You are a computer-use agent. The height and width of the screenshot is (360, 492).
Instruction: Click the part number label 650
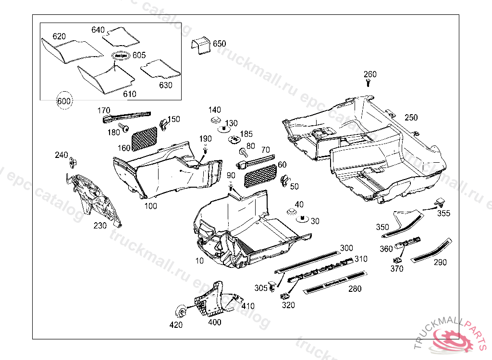click(219, 44)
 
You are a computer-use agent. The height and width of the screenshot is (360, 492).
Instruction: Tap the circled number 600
click(64, 101)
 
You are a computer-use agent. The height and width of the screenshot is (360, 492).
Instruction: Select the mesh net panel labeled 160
click(145, 138)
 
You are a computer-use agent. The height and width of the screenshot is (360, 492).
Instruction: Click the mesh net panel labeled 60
click(261, 176)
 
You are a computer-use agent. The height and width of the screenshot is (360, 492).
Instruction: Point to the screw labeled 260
click(369, 84)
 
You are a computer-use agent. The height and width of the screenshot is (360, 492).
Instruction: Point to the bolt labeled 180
click(124, 128)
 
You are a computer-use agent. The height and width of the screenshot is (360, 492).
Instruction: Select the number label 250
click(411, 118)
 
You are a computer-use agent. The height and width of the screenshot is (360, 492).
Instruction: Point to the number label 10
click(199, 261)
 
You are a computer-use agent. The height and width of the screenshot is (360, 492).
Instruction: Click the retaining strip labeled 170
click(126, 115)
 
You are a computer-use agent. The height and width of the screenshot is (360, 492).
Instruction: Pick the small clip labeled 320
click(285, 296)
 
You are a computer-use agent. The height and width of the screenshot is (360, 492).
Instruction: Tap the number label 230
click(100, 225)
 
